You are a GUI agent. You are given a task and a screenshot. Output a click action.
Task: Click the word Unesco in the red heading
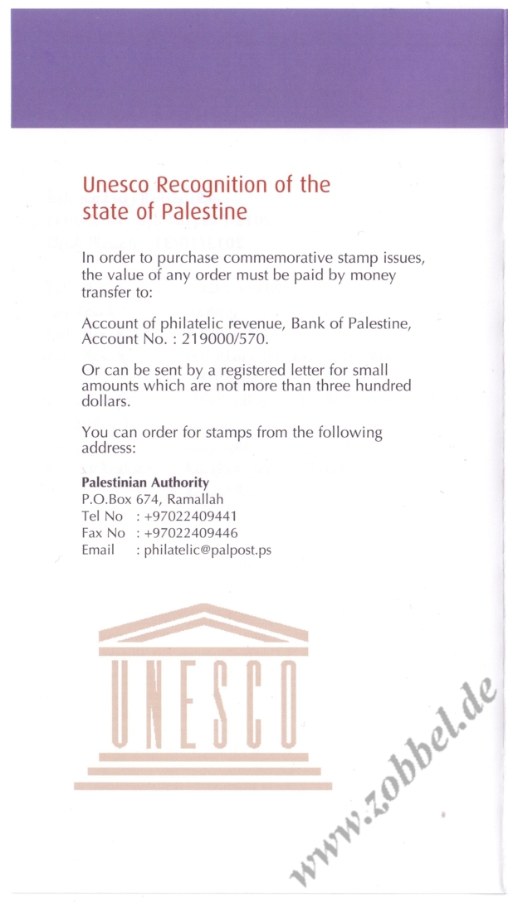click(116, 184)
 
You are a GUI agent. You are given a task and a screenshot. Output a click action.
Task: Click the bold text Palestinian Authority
click(145, 482)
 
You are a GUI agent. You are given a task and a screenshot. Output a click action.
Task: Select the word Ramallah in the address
click(195, 499)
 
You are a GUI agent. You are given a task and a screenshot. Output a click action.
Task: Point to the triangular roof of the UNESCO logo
click(203, 622)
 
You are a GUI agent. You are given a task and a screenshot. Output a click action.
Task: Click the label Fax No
click(103, 532)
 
